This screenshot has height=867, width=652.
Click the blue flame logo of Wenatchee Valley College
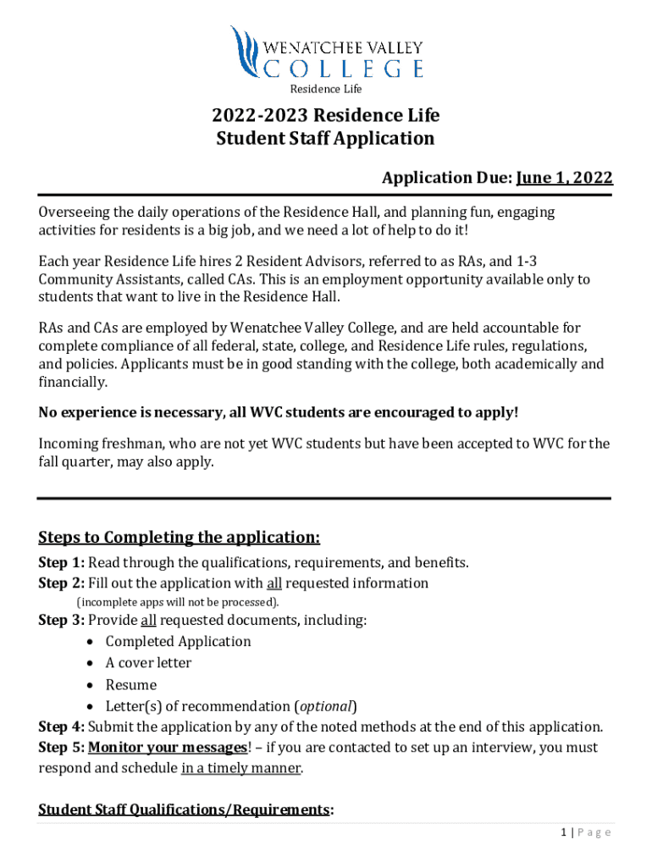pyautogui.click(x=245, y=52)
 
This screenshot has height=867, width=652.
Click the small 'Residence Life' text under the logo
pyautogui.click(x=326, y=89)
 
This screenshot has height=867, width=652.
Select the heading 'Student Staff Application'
pyautogui.click(x=326, y=138)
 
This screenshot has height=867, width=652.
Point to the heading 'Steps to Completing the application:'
pyautogui.click(x=180, y=538)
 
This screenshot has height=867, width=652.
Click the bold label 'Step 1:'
pyautogui.click(x=61, y=562)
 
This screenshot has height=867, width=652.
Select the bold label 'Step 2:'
pyautogui.click(x=61, y=583)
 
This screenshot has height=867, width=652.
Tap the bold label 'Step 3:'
pyautogui.click(x=61, y=620)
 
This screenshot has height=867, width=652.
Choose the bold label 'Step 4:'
pyautogui.click(x=61, y=726)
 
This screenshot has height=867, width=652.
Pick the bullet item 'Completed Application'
pyautogui.click(x=178, y=641)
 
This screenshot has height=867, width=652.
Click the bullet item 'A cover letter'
pyautogui.click(x=148, y=663)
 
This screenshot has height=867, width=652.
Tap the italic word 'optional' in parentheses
pyautogui.click(x=325, y=706)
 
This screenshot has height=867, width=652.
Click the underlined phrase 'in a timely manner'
pyautogui.click(x=240, y=769)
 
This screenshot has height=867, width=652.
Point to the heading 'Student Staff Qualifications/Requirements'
pyautogui.click(x=184, y=810)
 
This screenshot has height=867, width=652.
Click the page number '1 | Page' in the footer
pyautogui.click(x=585, y=832)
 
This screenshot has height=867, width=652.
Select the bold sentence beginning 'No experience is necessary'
pyautogui.click(x=279, y=412)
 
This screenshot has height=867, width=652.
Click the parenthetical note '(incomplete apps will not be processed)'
pyautogui.click(x=178, y=602)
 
